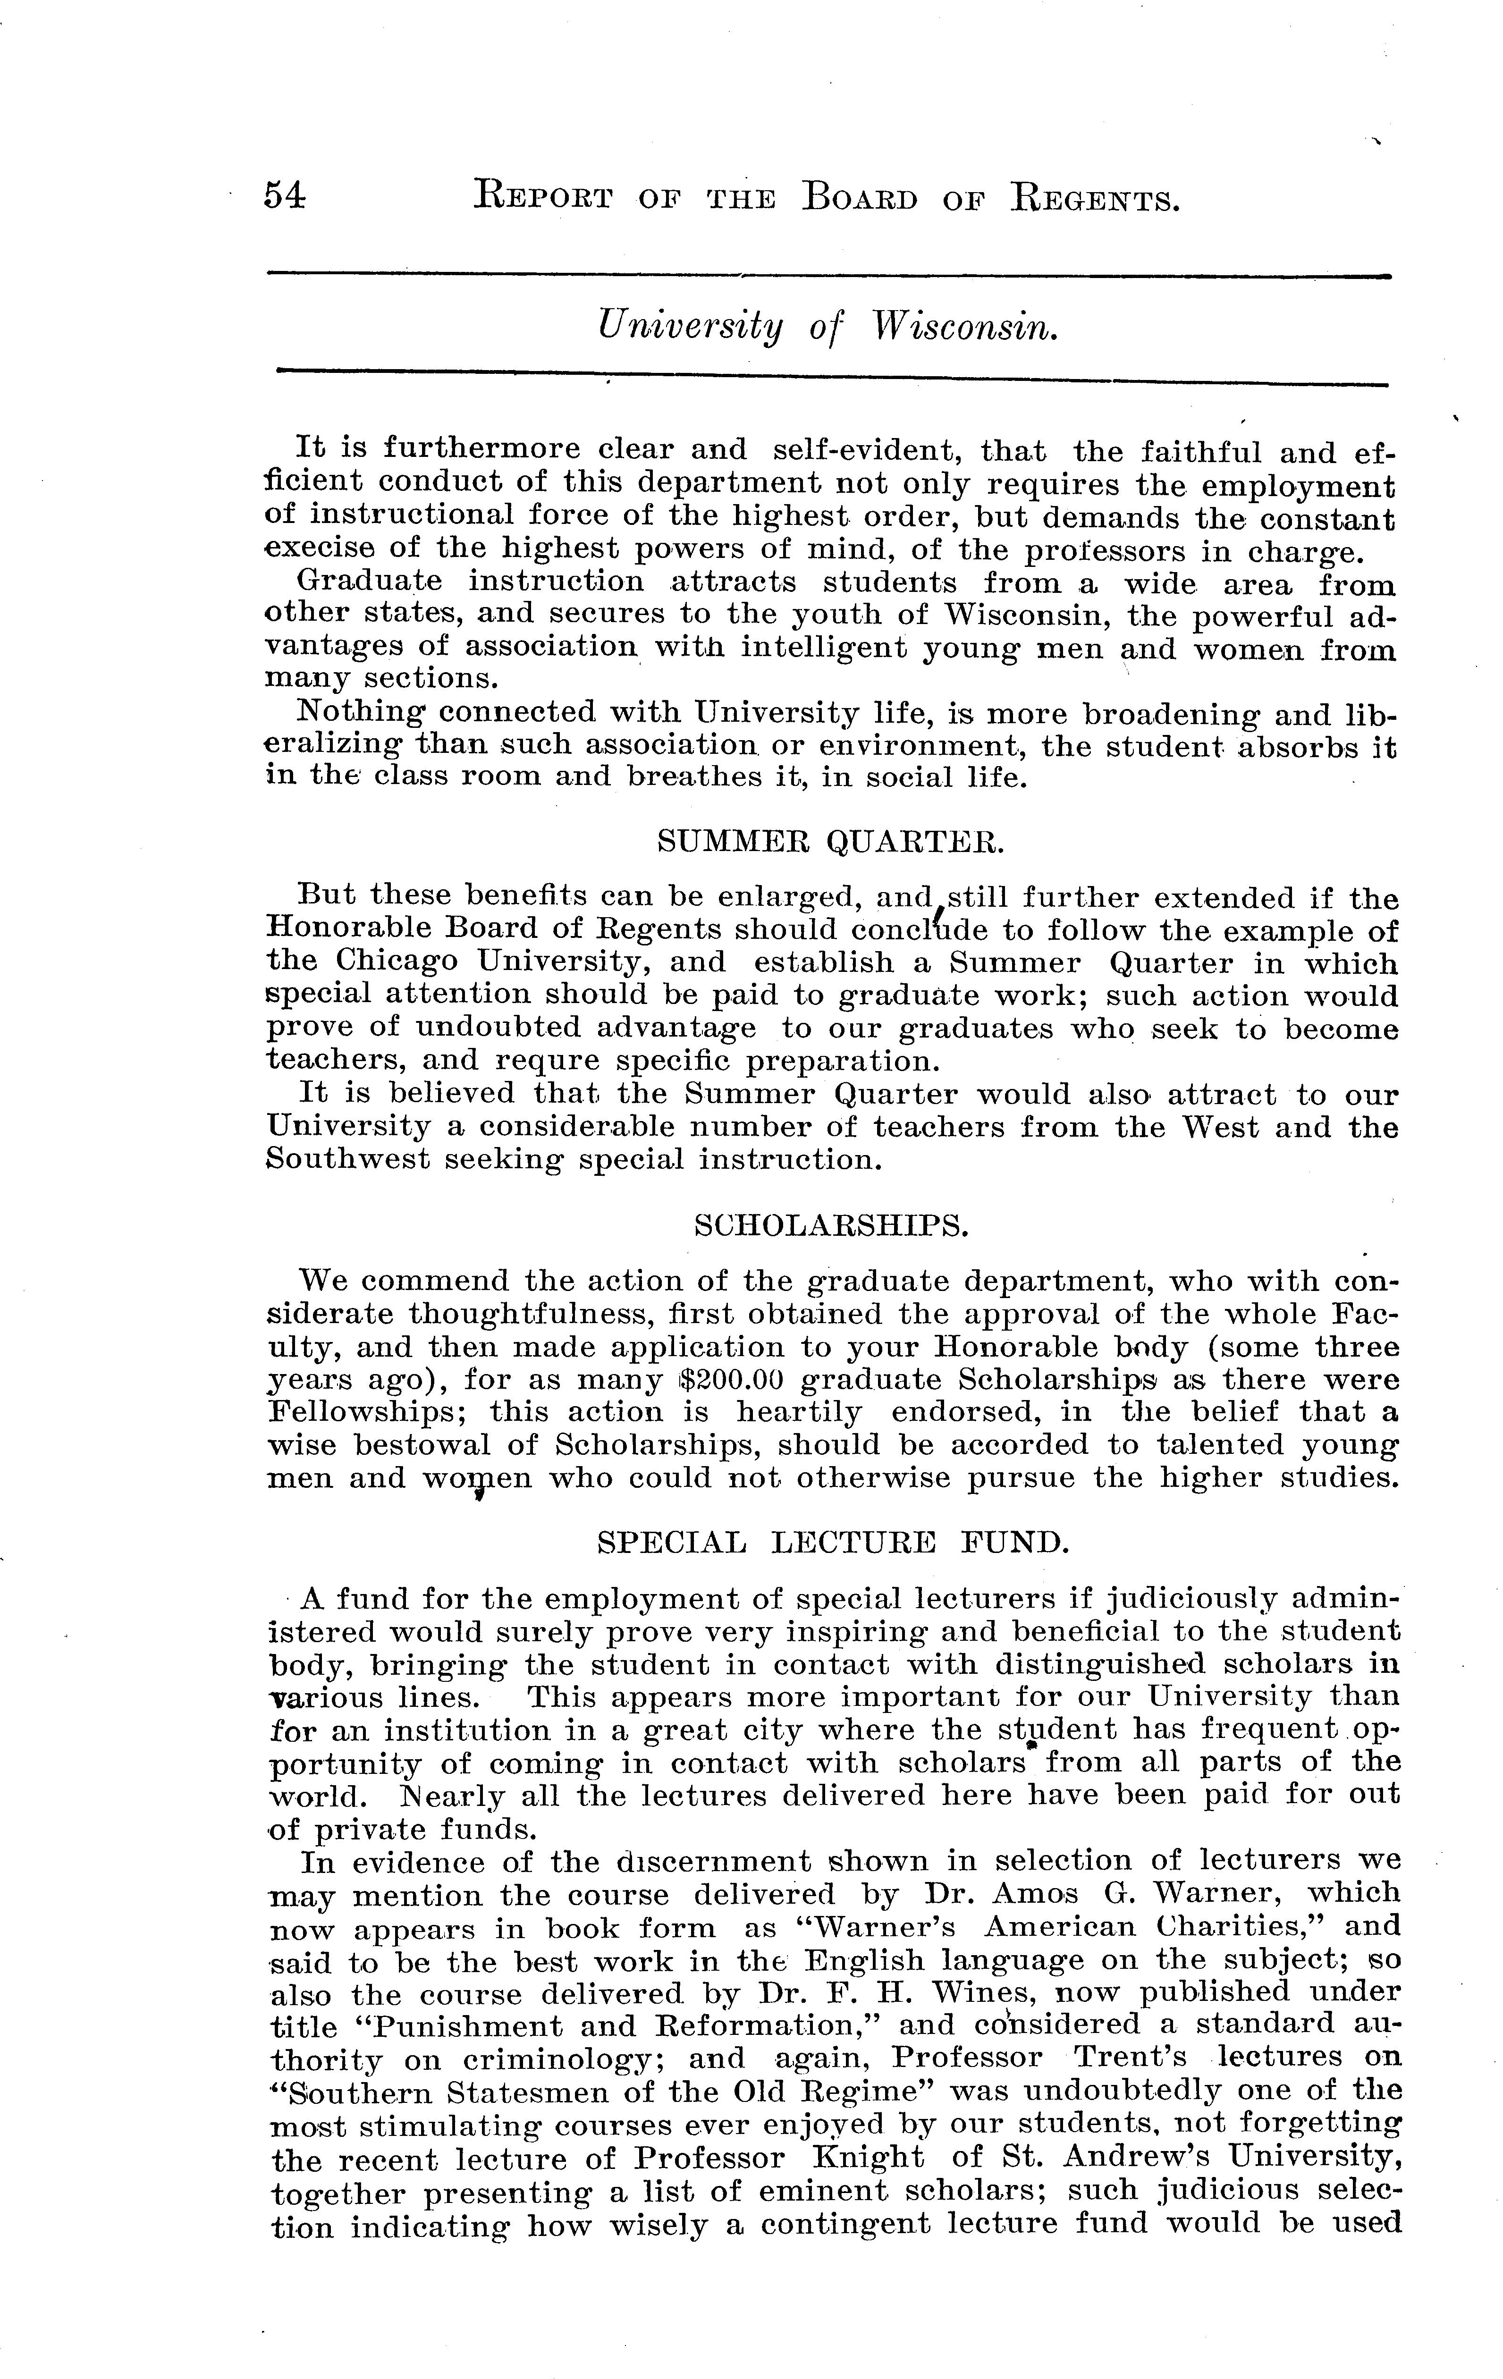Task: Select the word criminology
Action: pyautogui.click(x=533, y=2058)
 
